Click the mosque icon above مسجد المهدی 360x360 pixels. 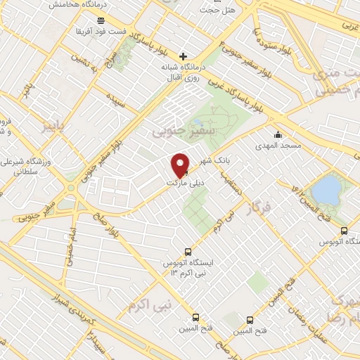pyautogui.click(x=279, y=135)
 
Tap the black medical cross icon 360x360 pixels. pyautogui.click(x=184, y=56)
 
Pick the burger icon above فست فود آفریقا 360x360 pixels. pyautogui.click(x=103, y=19)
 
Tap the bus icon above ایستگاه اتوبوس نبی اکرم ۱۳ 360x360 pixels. pyautogui.click(x=187, y=252)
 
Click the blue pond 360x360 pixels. pyautogui.click(x=325, y=189)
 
